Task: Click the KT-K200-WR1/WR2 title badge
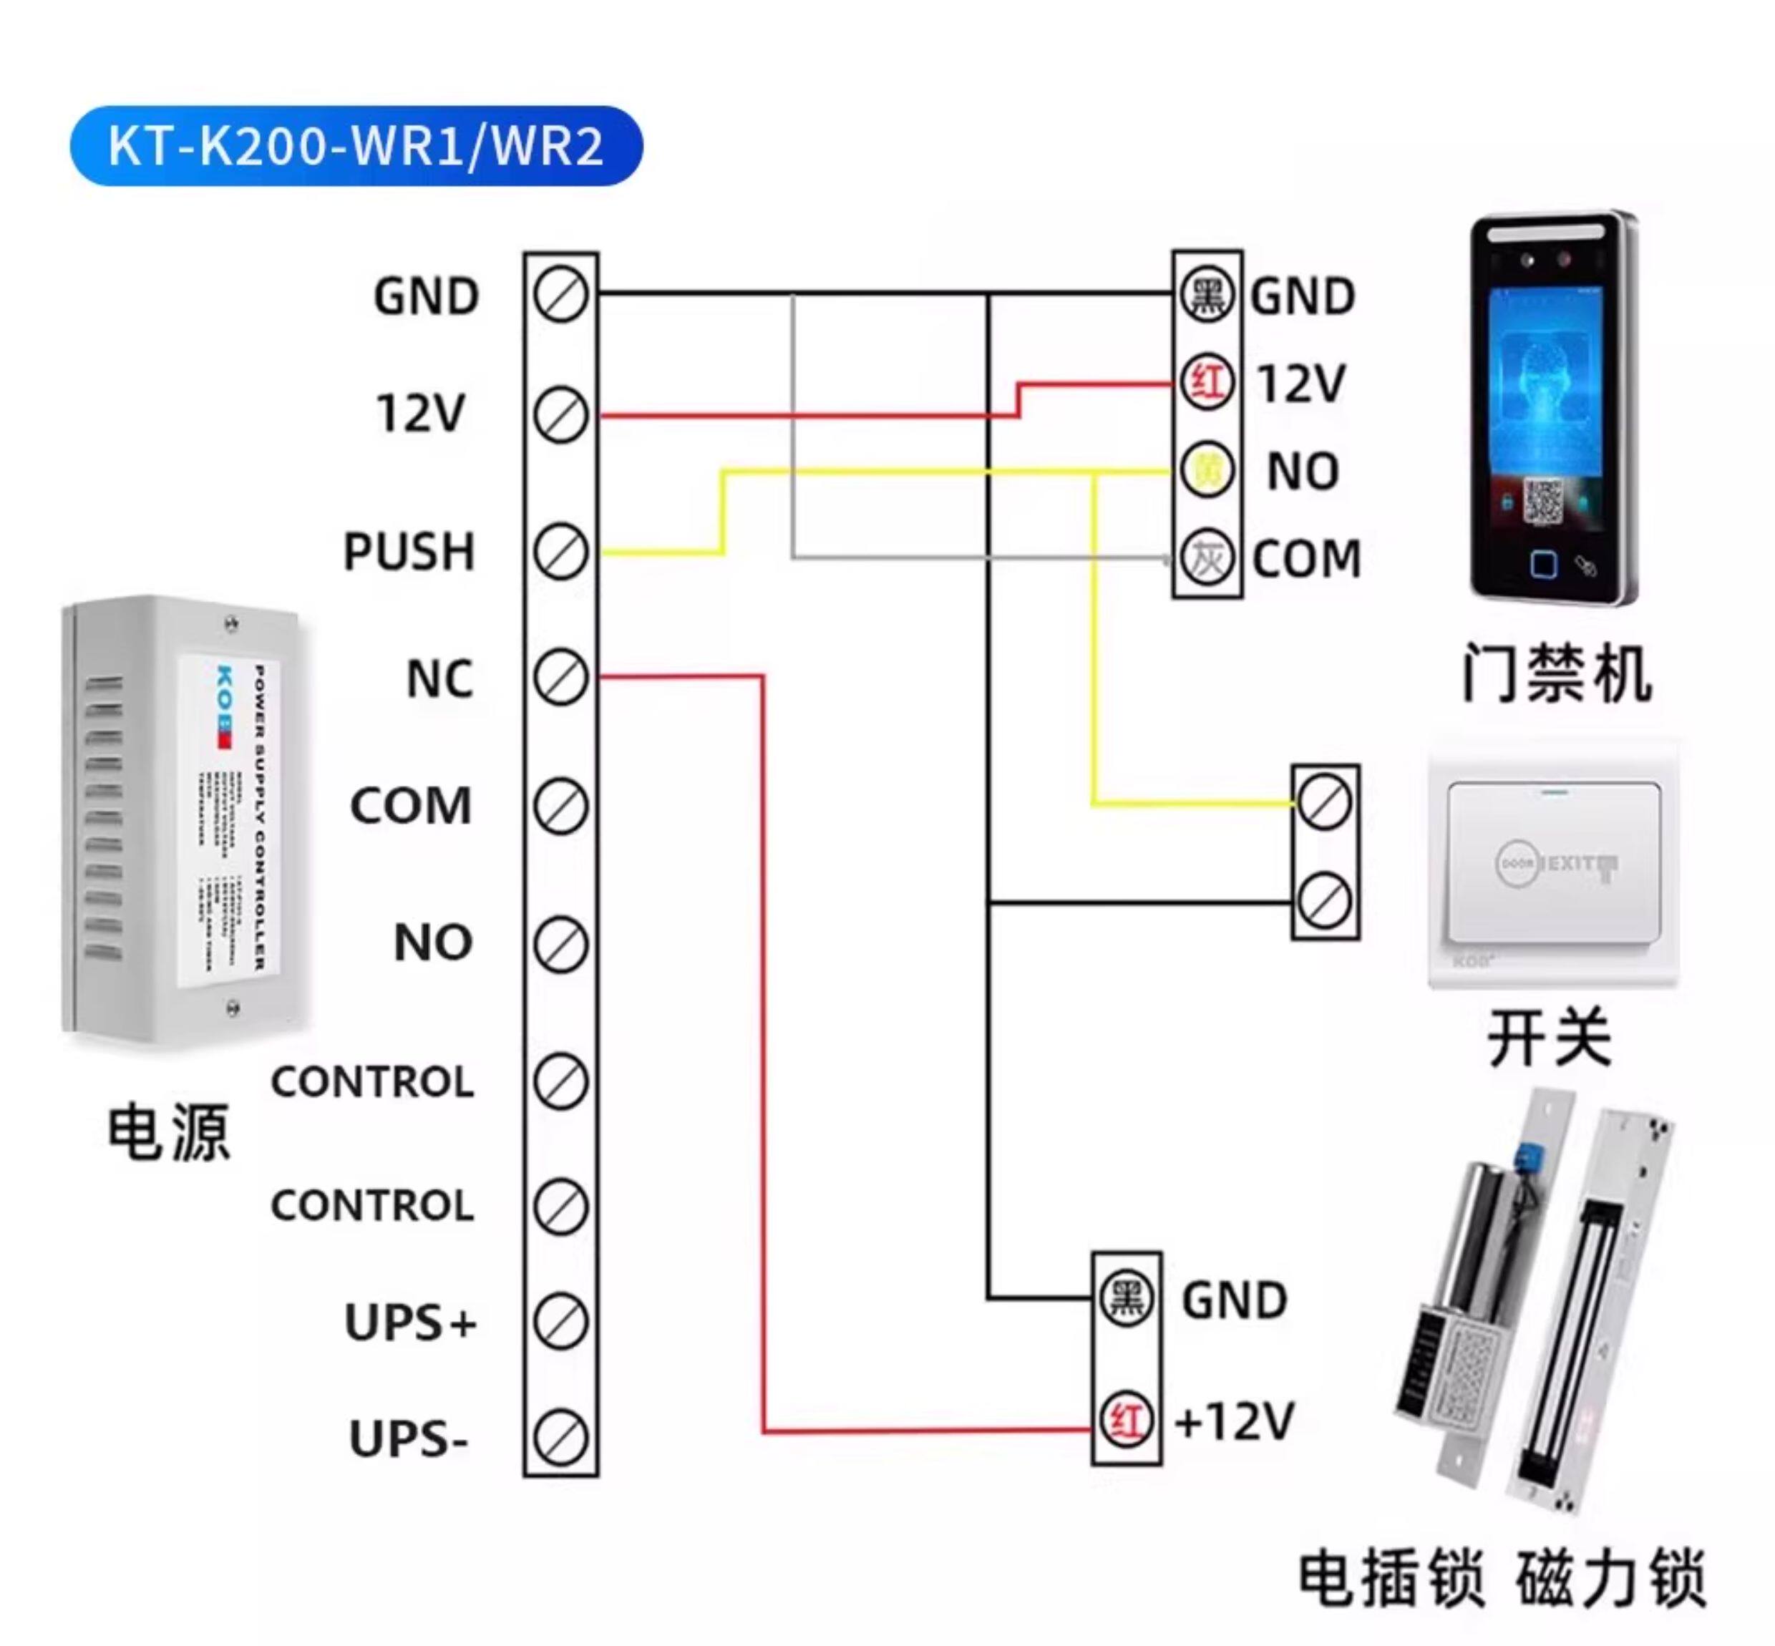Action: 356,146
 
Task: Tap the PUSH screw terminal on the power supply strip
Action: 560,552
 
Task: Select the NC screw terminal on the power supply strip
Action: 560,678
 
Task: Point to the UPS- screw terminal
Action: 560,1438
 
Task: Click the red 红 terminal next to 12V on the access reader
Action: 1207,383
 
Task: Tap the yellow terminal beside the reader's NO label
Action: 1207,470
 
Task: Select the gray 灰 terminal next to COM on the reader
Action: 1207,558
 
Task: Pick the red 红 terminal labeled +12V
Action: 1127,1421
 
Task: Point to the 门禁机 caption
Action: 1556,673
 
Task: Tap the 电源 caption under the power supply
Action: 168,1133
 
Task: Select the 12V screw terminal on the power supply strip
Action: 560,414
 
